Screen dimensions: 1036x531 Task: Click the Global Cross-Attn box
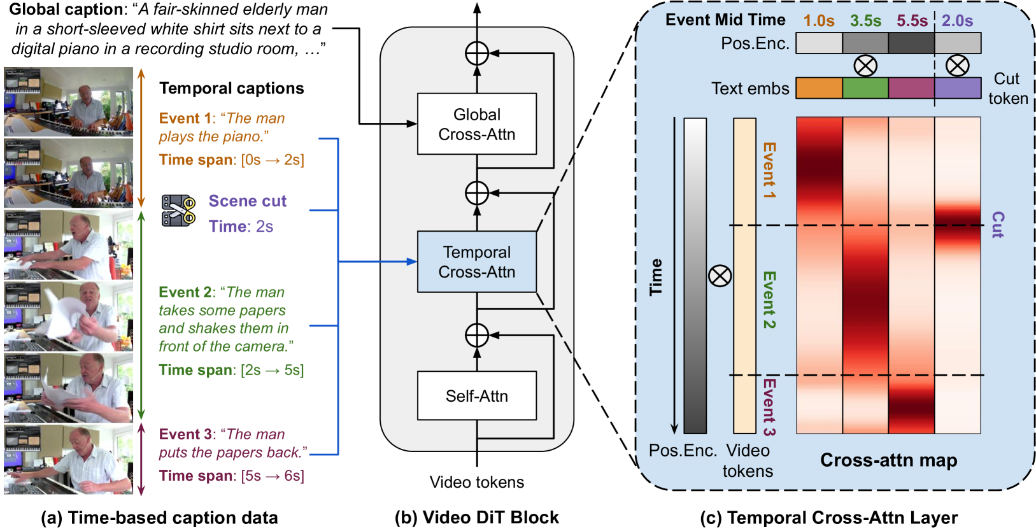(x=477, y=124)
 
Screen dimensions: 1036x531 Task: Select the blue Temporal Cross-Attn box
(x=477, y=262)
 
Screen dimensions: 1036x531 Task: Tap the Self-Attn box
(x=477, y=395)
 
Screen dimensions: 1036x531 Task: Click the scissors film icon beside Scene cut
(x=178, y=211)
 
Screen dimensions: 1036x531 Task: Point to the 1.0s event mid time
(x=819, y=21)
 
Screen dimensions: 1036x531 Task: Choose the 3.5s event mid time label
(x=865, y=21)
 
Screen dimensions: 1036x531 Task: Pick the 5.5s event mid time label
(x=912, y=21)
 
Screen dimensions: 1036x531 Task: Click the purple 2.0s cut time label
(x=958, y=21)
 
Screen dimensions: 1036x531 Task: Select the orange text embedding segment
(x=819, y=88)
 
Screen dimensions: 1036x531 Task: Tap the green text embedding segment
(x=865, y=88)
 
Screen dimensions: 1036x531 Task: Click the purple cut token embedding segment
(x=958, y=88)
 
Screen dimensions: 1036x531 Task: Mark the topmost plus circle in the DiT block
(x=477, y=53)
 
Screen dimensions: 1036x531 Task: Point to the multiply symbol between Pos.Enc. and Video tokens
(x=720, y=276)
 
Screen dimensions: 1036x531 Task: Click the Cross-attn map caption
(x=888, y=460)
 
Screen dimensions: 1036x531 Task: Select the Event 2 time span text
(x=231, y=370)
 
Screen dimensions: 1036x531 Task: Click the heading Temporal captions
(x=232, y=88)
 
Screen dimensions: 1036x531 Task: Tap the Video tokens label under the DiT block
(x=477, y=482)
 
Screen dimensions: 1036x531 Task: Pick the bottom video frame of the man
(x=68, y=460)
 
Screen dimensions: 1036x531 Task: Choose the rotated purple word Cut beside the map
(x=998, y=225)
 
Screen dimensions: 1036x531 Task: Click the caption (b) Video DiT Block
(x=477, y=518)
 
